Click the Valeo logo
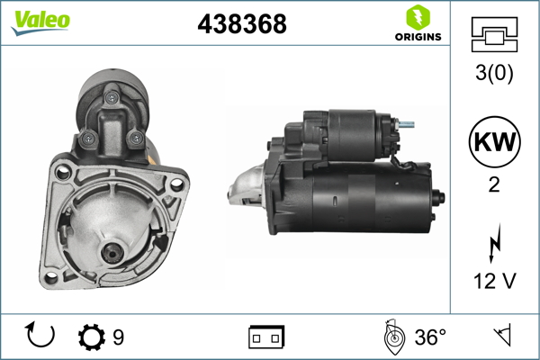point(40,22)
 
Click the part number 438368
point(241,25)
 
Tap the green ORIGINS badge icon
point(417,17)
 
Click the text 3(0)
point(494,74)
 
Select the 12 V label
point(494,282)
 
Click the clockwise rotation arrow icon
point(40,337)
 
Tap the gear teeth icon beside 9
point(91,337)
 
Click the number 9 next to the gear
point(119,337)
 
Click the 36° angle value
point(430,337)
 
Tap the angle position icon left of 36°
point(392,337)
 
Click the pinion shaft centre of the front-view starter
point(112,254)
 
